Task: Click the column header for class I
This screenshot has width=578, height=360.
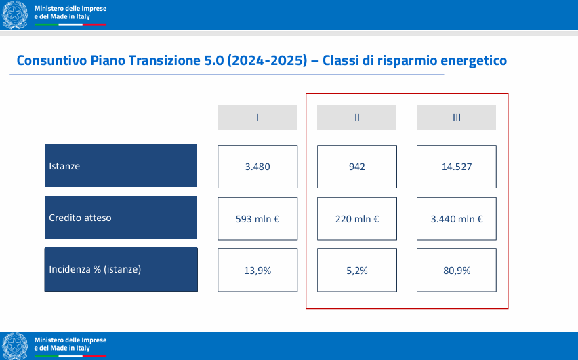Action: pos(257,118)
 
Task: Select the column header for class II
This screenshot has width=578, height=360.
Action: pos(356,118)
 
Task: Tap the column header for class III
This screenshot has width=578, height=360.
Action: pos(456,118)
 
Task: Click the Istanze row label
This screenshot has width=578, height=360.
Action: pos(121,165)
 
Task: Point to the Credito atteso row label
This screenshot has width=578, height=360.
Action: pos(121,217)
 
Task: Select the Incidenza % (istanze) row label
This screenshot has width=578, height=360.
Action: pos(121,270)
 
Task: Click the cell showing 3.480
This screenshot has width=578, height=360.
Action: pos(257,167)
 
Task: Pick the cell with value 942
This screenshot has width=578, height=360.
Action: pos(357,167)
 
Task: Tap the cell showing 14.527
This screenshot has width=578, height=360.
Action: pos(456,167)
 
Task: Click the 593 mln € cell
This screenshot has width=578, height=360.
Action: pos(257,219)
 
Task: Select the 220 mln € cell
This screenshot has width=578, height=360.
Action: pos(357,219)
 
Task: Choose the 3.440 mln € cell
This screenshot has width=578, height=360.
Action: pos(456,219)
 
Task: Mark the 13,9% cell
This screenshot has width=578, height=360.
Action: pos(257,270)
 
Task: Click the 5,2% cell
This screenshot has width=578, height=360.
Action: pos(357,270)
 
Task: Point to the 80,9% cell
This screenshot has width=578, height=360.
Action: pos(456,270)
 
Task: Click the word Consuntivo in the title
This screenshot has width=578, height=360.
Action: pos(51,60)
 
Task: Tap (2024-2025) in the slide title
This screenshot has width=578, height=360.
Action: pos(267,60)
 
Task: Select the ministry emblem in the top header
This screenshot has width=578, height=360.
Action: pos(15,15)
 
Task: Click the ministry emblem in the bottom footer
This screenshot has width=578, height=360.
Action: pos(15,346)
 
